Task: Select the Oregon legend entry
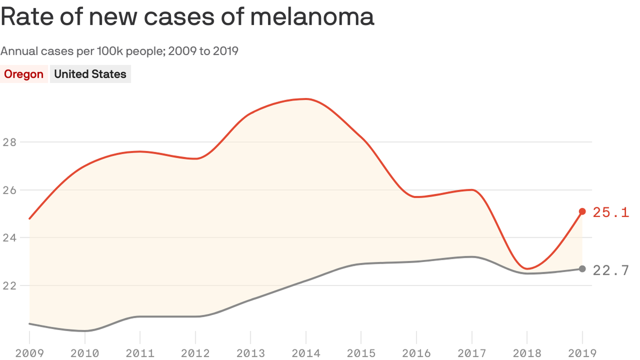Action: [23, 74]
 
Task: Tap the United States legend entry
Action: [90, 74]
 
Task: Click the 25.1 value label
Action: [610, 212]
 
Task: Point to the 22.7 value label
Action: [610, 270]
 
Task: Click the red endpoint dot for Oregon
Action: [582, 211]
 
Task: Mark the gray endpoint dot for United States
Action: [582, 269]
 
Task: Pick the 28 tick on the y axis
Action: [9, 142]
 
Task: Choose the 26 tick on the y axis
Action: [9, 190]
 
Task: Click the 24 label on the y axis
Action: [9, 238]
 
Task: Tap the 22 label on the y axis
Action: [9, 285]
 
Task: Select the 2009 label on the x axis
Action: [29, 353]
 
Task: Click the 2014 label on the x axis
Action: [306, 353]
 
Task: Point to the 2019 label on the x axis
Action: [582, 353]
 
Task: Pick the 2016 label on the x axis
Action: [417, 353]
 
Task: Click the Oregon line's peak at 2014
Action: [306, 99]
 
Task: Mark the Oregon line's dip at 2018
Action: [527, 269]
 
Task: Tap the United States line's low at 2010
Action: [85, 331]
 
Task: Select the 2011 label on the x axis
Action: [140, 353]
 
